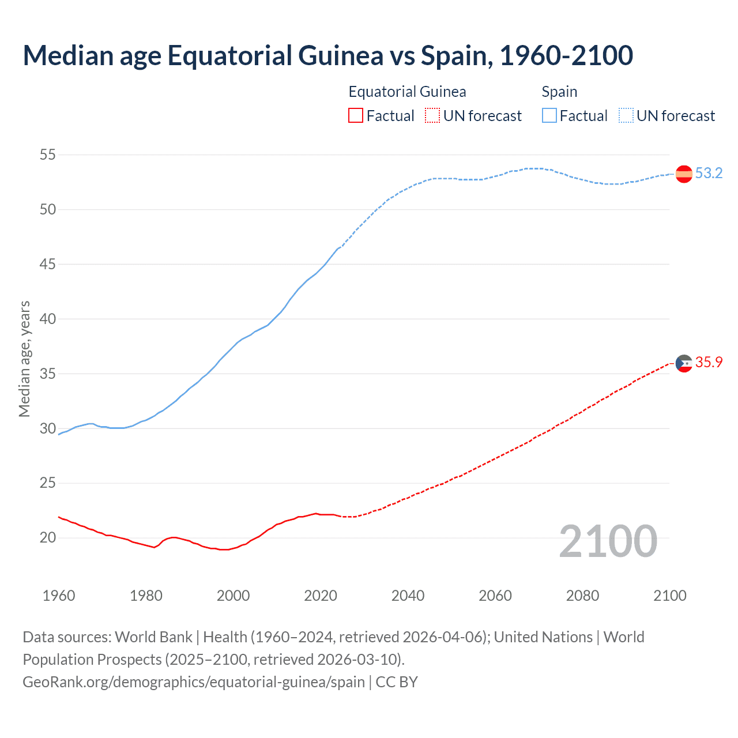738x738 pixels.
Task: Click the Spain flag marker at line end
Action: pyautogui.click(x=684, y=174)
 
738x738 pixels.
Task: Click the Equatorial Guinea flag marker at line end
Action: pyautogui.click(x=684, y=363)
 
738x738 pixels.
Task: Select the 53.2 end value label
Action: pyautogui.click(x=709, y=174)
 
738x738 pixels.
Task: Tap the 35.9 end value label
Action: pyautogui.click(x=709, y=363)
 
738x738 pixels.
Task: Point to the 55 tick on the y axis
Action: pyautogui.click(x=48, y=155)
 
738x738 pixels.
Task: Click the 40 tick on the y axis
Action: pyautogui.click(x=48, y=319)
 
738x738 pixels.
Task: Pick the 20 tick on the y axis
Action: pyautogui.click(x=48, y=538)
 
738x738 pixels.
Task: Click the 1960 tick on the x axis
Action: pyautogui.click(x=59, y=596)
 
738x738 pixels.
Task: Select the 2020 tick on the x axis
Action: pyautogui.click(x=321, y=596)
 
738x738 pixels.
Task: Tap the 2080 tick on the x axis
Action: pyautogui.click(x=582, y=596)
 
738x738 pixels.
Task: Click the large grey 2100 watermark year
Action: pyautogui.click(x=608, y=541)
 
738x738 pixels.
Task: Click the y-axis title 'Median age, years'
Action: pyautogui.click(x=24, y=359)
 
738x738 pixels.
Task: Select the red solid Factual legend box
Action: pyautogui.click(x=356, y=116)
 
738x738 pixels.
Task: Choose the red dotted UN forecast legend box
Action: pyautogui.click(x=432, y=116)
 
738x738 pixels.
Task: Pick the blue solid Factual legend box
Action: pyautogui.click(x=549, y=116)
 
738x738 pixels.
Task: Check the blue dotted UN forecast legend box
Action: pyautogui.click(x=626, y=116)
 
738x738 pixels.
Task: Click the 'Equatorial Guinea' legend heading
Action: pyautogui.click(x=407, y=92)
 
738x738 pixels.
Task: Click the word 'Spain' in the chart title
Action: pyautogui.click(x=456, y=55)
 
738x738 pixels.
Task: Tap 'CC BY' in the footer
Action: pyautogui.click(x=397, y=682)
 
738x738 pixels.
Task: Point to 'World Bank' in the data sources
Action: pyautogui.click(x=153, y=637)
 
